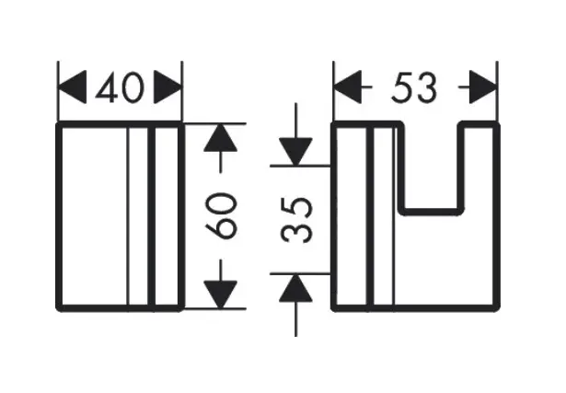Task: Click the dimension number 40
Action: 121,88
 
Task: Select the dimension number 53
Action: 413,88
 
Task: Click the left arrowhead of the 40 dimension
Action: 72,88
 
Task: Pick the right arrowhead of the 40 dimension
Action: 168,88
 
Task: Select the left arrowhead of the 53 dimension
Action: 346,88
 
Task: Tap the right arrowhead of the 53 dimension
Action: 482,88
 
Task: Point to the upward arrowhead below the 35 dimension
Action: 295,286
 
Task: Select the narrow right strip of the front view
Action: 167,215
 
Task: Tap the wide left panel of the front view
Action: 92,215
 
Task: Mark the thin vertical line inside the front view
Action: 128,215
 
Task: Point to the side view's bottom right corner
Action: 496,309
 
